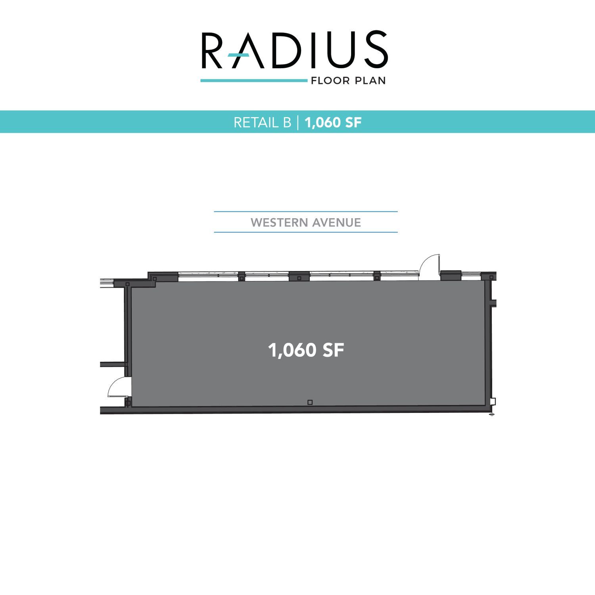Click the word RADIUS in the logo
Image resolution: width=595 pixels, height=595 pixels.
pos(294,50)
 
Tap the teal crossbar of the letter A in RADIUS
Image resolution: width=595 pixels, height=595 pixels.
pos(238,55)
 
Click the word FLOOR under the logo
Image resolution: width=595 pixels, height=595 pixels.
pos(330,81)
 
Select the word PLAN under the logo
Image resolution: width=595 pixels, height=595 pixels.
pos(370,81)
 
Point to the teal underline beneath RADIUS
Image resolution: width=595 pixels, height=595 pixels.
pos(254,81)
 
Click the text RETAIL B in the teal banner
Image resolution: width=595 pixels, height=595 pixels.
pos(263,123)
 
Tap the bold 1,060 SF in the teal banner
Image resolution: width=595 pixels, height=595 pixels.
pos(333,123)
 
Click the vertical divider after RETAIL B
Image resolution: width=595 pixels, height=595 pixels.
pos(298,123)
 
